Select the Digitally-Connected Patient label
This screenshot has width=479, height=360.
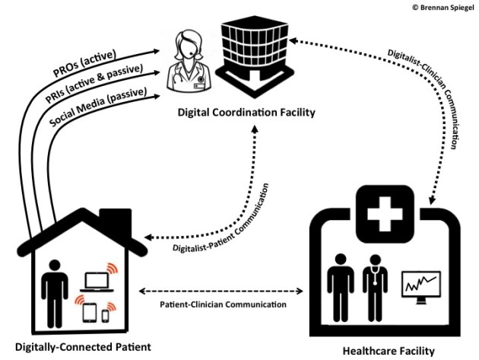tap(78, 347)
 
